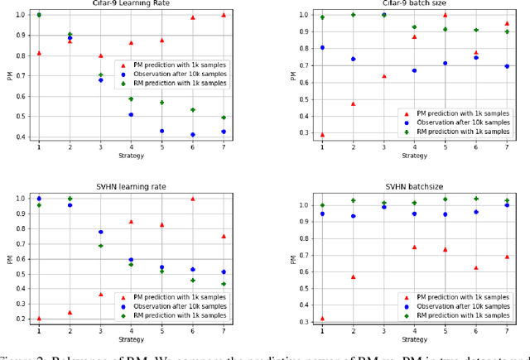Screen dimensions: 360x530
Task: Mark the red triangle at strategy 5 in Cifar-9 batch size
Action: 445,15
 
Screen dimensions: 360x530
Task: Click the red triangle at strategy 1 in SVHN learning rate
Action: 39,318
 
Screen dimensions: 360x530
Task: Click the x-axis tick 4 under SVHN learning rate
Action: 131,329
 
